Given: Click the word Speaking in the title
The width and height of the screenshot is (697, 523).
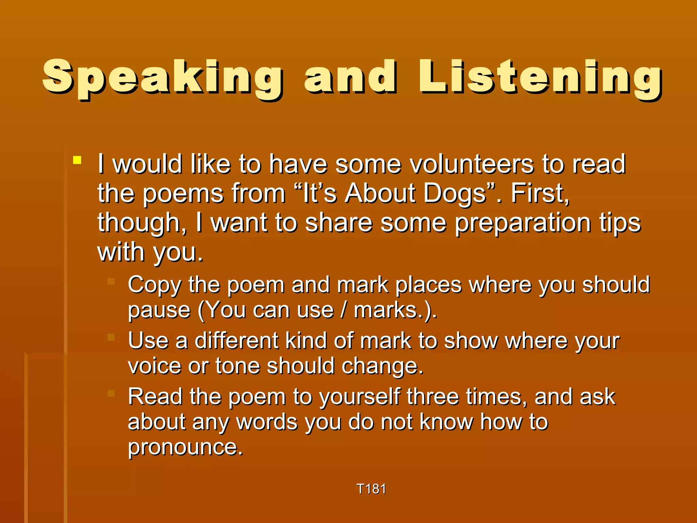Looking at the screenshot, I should click(x=162, y=78).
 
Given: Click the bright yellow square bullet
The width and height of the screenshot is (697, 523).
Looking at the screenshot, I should click(x=77, y=160).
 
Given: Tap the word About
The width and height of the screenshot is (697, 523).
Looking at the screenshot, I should click(x=380, y=193).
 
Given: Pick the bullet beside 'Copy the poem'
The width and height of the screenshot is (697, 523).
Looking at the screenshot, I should click(x=111, y=281).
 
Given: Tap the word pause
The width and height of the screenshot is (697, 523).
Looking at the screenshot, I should click(x=159, y=311).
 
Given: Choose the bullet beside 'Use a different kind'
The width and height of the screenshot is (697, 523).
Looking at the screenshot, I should click(x=111, y=337).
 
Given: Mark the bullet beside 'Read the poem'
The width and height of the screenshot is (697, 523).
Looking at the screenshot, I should click(x=111, y=393).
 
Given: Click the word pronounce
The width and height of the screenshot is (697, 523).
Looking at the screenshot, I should click(x=185, y=447).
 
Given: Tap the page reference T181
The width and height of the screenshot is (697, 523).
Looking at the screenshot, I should click(x=371, y=489).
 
